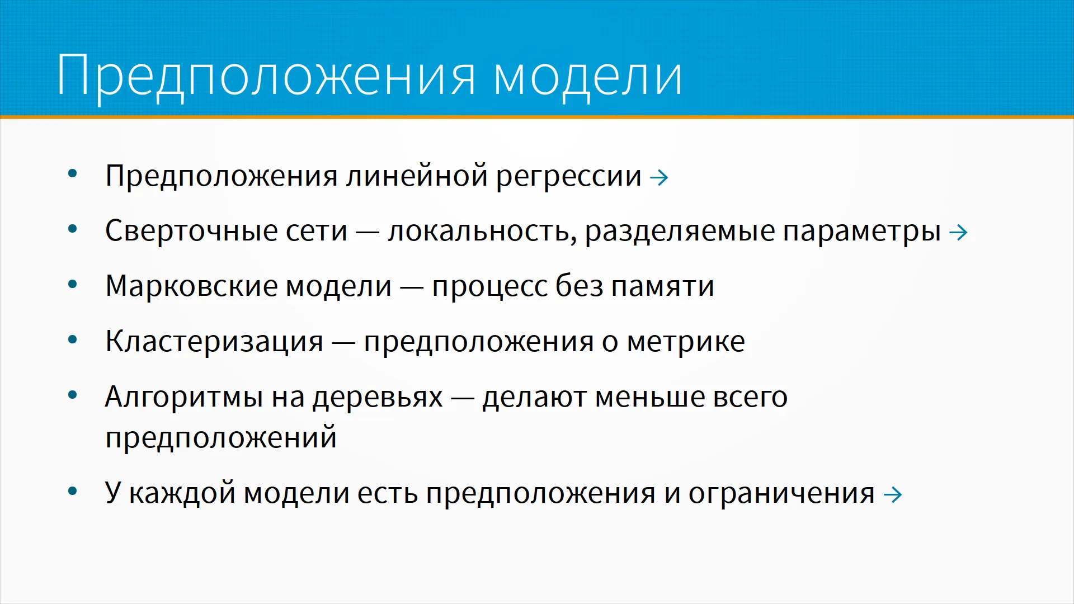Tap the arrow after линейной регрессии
tap(659, 178)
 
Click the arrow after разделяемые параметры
tap(958, 233)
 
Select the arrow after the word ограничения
tap(893, 494)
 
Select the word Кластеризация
tap(214, 342)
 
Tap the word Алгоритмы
tap(184, 397)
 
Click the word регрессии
tap(568, 177)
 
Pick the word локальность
tap(482, 231)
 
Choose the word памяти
tap(662, 286)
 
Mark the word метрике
tap(686, 342)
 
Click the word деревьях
tap(378, 397)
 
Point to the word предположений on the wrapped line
tap(221, 437)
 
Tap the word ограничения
tap(781, 493)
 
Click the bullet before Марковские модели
tap(72, 284)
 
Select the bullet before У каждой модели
tap(72, 491)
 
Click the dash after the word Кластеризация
tap(343, 342)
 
